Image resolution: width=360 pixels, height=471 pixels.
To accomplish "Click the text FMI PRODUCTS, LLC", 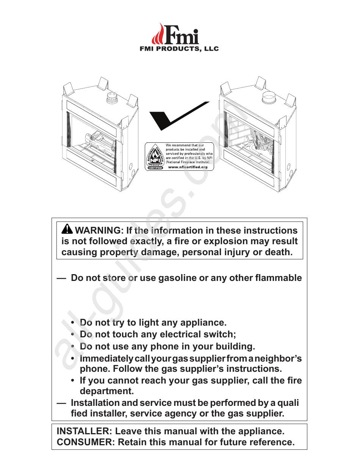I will (x=180, y=49).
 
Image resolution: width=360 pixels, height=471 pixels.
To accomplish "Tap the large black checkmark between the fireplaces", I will (x=174, y=117).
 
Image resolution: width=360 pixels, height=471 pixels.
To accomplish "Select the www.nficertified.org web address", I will (x=188, y=167).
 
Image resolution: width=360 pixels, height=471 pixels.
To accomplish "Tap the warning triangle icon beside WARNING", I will (x=67, y=229).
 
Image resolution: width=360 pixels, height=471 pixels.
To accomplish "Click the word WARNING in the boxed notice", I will (x=97, y=231).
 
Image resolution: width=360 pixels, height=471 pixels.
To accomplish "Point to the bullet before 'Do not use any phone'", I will (x=72, y=346).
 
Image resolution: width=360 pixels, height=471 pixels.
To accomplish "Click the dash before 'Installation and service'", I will (x=61, y=403).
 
